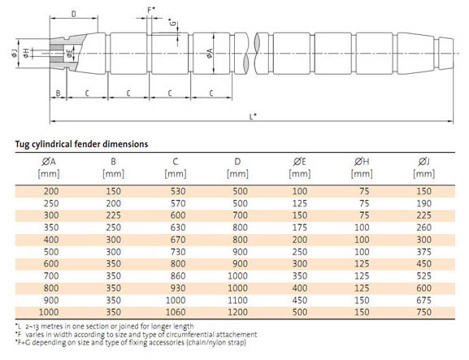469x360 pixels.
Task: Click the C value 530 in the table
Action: (x=178, y=191)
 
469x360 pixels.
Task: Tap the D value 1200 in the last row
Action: (x=237, y=312)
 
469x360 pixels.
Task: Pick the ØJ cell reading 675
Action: (x=423, y=300)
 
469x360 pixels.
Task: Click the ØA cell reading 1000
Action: (x=49, y=312)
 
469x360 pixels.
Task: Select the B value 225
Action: (x=113, y=215)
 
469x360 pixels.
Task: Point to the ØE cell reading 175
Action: (x=300, y=228)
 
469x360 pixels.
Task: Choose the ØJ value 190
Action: (x=423, y=203)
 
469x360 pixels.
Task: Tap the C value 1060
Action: (x=176, y=312)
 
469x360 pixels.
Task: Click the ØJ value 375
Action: (x=423, y=252)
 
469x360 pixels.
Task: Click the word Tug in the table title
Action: (x=21, y=145)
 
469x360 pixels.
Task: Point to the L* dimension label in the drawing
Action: (x=253, y=116)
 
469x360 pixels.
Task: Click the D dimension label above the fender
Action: (x=74, y=14)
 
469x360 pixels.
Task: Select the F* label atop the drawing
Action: (x=151, y=11)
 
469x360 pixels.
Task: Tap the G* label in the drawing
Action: (x=172, y=23)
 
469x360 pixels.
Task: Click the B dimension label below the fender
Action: (x=58, y=93)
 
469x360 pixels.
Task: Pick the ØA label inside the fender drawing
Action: (x=210, y=53)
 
